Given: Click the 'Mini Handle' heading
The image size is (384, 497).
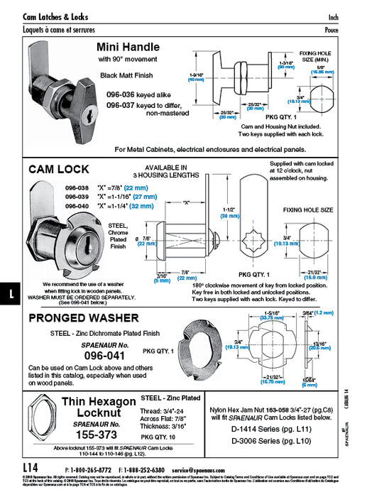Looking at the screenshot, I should pos(128,47).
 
